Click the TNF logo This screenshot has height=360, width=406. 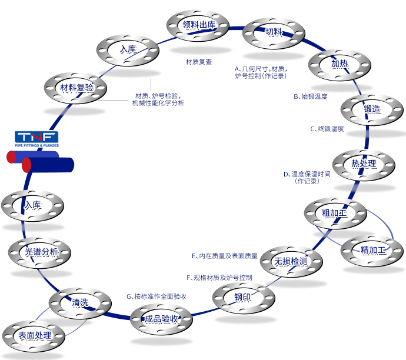pyautogui.click(x=36, y=139)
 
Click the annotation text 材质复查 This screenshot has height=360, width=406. pyautogui.click(x=199, y=62)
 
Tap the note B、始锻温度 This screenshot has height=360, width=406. pyautogui.click(x=311, y=96)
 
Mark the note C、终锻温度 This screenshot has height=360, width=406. pyautogui.click(x=327, y=129)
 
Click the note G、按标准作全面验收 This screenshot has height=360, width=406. pyautogui.click(x=157, y=296)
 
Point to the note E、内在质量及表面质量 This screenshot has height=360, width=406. pyautogui.click(x=225, y=256)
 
